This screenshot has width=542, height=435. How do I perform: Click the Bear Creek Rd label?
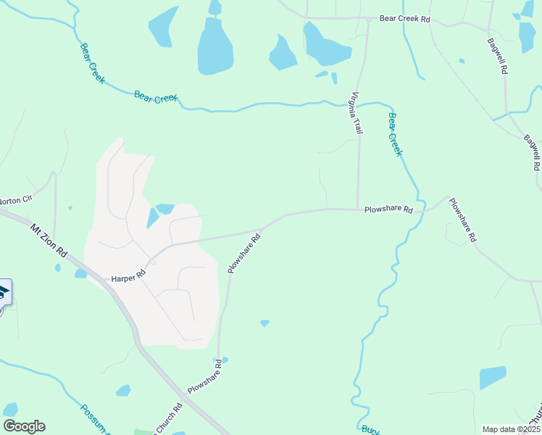pos(405,20)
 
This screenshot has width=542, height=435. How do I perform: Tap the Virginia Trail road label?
pos(357,112)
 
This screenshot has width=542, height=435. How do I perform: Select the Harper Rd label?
pos(128,276)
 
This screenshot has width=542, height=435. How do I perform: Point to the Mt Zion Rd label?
pos(49,241)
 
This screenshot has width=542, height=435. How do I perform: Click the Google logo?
pos(24,426)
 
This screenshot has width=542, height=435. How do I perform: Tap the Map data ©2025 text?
pos(510,429)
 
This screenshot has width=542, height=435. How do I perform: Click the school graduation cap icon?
pos(3,293)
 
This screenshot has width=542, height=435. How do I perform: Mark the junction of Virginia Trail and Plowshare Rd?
pos(358,210)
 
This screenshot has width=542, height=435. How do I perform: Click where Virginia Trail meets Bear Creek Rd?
pos(369,20)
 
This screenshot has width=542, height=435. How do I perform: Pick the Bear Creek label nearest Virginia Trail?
pos(395,133)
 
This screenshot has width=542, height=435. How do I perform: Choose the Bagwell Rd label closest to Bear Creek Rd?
pos(497,57)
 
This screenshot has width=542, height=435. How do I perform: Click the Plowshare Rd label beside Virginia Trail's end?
pos(388,210)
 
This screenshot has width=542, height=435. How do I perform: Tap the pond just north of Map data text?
pos(493,378)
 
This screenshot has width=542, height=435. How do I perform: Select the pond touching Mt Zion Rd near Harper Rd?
pos(80,273)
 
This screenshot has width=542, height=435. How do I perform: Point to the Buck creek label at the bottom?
pos(370,429)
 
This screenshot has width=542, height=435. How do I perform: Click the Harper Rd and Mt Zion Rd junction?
pos(109,281)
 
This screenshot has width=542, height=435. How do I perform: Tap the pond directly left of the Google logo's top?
pos(10,409)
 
